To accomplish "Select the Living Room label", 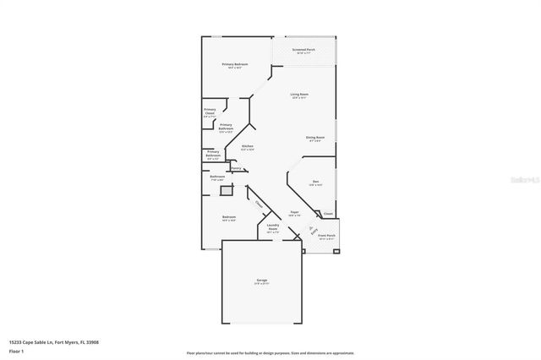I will (299, 95).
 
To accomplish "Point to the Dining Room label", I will (316, 138).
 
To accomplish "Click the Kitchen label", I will (248, 147).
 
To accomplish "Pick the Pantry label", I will (236, 168).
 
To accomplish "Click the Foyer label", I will (294, 213).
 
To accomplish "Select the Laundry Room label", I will (273, 227).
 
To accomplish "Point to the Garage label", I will (262, 281).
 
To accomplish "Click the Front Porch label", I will (326, 237).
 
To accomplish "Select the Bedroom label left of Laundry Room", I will (229, 218).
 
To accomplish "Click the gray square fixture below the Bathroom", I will (226, 191).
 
